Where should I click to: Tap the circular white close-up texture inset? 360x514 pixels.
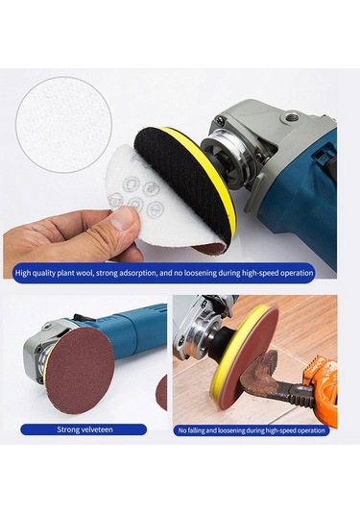click(64, 125)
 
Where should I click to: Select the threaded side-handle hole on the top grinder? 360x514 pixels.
click(290, 116)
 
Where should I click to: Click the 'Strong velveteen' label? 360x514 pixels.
click(84, 429)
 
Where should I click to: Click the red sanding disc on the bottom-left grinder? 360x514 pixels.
click(81, 366)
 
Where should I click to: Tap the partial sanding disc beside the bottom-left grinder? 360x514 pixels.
click(162, 393)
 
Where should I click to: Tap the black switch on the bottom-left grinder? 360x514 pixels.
click(79, 317)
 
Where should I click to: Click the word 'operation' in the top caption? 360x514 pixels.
click(297, 273)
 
